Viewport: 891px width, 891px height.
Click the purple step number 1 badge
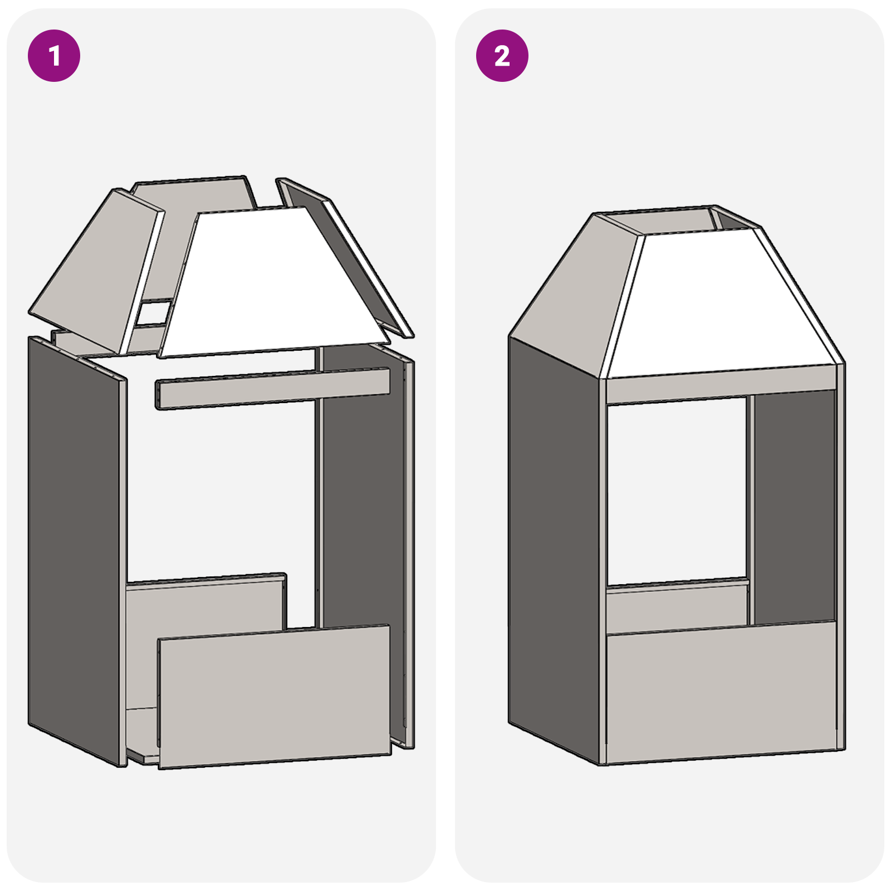point(54,56)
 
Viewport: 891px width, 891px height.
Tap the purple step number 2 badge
point(502,56)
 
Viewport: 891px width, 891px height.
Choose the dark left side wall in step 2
point(554,551)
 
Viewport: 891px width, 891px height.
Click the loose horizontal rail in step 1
point(273,388)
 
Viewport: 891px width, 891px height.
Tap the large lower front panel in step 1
point(275,697)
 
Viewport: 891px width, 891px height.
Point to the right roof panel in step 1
point(345,256)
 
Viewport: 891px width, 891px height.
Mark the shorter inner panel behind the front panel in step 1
point(206,613)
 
